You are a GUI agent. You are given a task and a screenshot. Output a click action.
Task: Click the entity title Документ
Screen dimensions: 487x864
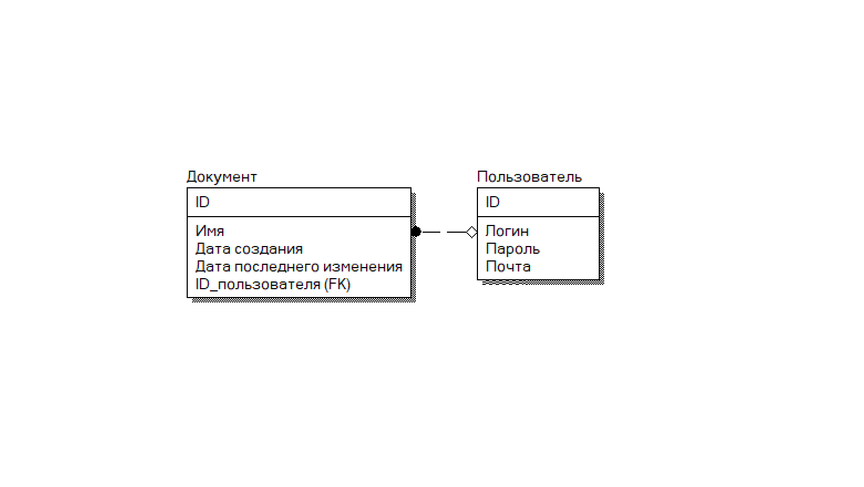(222, 177)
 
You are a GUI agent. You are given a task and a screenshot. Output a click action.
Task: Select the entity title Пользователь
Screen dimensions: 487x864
(529, 177)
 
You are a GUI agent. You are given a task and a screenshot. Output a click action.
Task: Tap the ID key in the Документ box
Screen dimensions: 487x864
(202, 202)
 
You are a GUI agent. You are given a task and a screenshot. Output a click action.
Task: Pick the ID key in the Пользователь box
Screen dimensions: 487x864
(492, 202)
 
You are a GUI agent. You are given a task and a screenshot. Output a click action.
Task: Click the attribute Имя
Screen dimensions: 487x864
(209, 231)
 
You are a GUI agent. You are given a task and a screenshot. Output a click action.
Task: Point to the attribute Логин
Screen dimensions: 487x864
(507, 231)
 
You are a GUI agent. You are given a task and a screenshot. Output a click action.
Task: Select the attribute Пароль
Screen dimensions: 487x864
(512, 249)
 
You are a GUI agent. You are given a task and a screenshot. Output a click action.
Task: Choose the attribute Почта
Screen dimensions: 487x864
(508, 266)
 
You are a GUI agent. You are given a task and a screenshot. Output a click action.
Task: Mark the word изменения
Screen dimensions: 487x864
(363, 266)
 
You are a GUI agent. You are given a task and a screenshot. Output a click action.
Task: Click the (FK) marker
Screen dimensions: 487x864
(337, 284)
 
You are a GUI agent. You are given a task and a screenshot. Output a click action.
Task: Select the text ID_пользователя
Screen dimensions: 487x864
(258, 284)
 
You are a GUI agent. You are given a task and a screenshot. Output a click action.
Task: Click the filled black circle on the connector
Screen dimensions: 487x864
(416, 232)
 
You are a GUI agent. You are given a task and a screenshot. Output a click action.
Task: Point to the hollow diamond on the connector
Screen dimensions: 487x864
(471, 232)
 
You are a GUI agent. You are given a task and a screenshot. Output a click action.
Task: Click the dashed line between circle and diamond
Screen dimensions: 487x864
(443, 232)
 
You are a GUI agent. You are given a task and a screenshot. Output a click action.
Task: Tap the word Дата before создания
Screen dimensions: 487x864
(213, 249)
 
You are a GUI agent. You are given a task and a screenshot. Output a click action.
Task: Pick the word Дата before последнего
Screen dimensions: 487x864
(213, 266)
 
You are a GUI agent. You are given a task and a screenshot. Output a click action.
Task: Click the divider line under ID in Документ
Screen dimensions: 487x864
(299, 217)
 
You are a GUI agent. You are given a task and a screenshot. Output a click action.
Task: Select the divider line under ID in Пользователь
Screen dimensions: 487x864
(538, 217)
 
